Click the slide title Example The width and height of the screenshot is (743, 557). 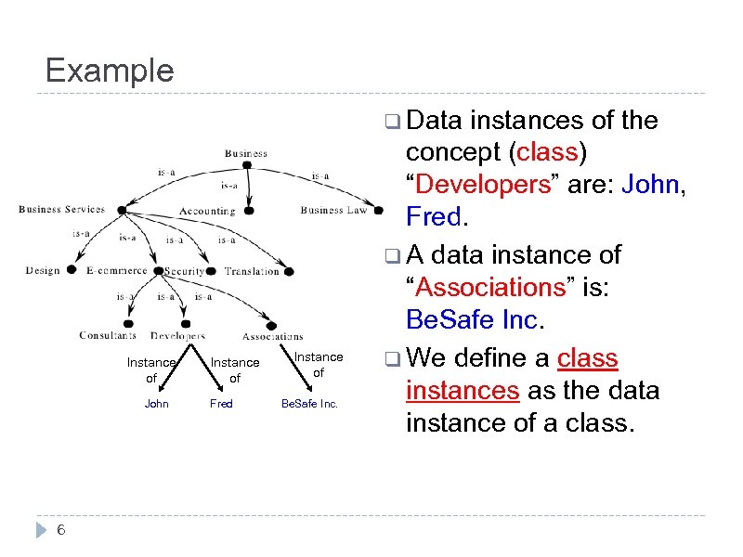click(109, 71)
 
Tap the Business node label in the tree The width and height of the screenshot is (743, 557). click(245, 153)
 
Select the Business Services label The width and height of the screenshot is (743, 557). click(61, 210)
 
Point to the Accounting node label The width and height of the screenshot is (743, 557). click(207, 211)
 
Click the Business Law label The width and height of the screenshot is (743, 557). click(333, 211)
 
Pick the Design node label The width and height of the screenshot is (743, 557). click(42, 271)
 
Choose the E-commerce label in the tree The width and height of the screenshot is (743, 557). click(116, 271)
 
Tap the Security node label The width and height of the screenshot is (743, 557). click(184, 271)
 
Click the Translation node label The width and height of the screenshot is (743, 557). click(251, 271)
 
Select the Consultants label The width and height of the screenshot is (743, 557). click(108, 335)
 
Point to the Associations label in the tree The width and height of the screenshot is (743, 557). click(272, 336)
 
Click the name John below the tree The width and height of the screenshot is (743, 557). click(157, 404)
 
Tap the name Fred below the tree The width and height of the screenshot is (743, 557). click(221, 404)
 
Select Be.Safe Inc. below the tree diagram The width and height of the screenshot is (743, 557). click(310, 404)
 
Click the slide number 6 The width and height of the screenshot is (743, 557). click(60, 530)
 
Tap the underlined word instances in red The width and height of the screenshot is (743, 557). click(463, 391)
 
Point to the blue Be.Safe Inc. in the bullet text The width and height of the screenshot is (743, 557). click(471, 320)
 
